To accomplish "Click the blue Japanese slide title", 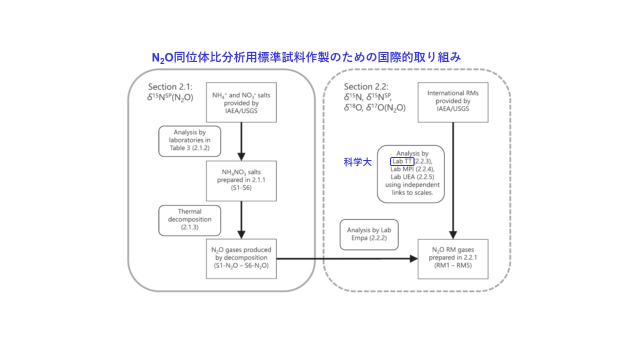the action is [306, 57].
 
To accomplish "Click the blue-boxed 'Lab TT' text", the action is [402, 161].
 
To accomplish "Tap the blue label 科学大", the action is [357, 162].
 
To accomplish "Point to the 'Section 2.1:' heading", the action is [170, 86].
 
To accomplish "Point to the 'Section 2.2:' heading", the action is [366, 86].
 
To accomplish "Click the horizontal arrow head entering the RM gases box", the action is [413, 259].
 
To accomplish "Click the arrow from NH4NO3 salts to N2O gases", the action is [241, 220].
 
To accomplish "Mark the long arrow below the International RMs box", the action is [453, 181].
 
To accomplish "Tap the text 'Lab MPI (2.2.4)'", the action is [412, 169].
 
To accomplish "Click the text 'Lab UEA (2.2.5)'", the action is [412, 177].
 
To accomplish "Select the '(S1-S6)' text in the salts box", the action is [241, 187].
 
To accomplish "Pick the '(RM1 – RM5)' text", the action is [453, 265].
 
